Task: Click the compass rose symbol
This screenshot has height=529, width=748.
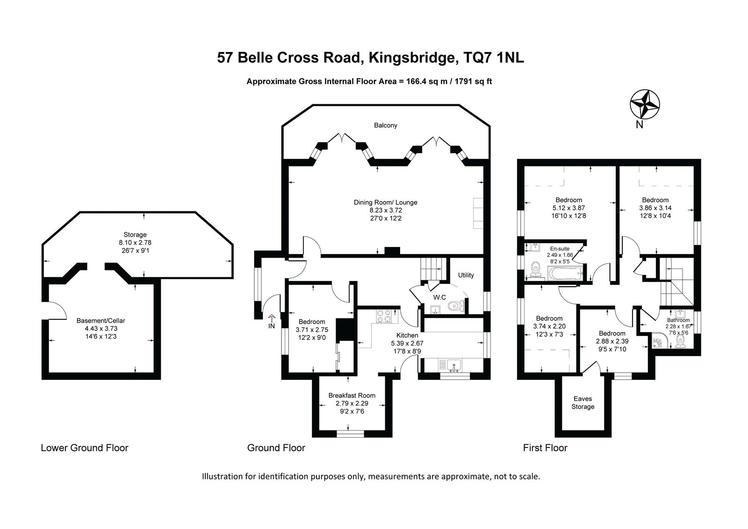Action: (645, 104)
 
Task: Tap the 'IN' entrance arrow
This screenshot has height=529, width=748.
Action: (272, 318)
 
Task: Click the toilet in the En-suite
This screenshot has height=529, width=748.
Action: (536, 269)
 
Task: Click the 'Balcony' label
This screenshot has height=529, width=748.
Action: (385, 125)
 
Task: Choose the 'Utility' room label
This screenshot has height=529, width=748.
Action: (466, 275)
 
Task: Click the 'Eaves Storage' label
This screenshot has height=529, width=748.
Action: (583, 403)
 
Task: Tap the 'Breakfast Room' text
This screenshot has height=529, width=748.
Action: (352, 395)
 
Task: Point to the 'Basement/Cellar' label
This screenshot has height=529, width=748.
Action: (101, 320)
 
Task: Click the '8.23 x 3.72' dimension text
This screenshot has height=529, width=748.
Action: (385, 210)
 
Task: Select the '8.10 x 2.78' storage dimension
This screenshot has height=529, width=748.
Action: (135, 242)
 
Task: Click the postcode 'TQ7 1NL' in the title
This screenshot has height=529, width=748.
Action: (493, 58)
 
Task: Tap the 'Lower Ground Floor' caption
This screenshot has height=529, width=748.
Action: (85, 448)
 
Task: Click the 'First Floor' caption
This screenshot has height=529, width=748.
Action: (545, 448)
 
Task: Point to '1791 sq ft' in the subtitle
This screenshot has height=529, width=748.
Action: (473, 81)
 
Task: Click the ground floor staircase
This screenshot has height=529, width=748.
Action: (433, 269)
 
